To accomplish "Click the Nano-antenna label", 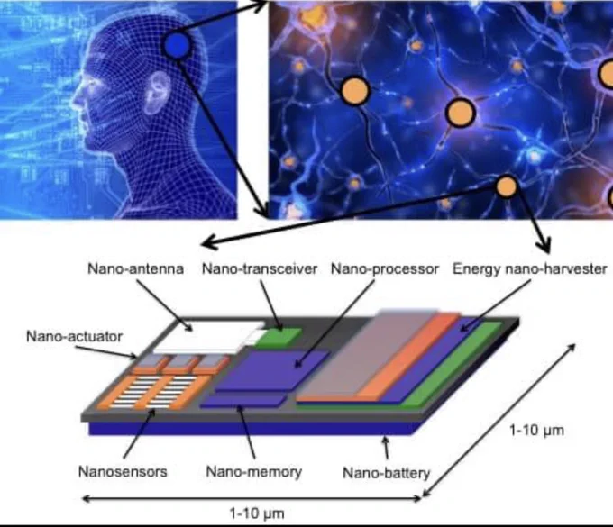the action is [135, 268].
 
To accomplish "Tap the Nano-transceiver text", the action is [260, 268].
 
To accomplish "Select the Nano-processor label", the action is [385, 268].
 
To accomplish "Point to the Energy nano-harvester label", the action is [530, 268].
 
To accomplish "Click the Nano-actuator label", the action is [74, 336].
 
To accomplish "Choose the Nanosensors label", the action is [123, 471].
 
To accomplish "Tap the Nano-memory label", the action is [254, 472].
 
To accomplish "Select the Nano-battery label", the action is [386, 473].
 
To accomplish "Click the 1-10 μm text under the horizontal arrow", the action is [257, 513].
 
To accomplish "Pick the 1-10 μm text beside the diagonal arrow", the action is [536, 430].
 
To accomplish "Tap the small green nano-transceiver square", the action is [279, 338].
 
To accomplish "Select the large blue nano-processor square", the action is [272, 370].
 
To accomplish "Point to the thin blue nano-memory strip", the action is [243, 401].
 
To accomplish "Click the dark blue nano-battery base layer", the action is [251, 428].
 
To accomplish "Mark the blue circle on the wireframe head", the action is [177, 46].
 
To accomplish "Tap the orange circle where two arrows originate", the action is [507, 186].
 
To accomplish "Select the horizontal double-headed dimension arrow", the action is [252, 498].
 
